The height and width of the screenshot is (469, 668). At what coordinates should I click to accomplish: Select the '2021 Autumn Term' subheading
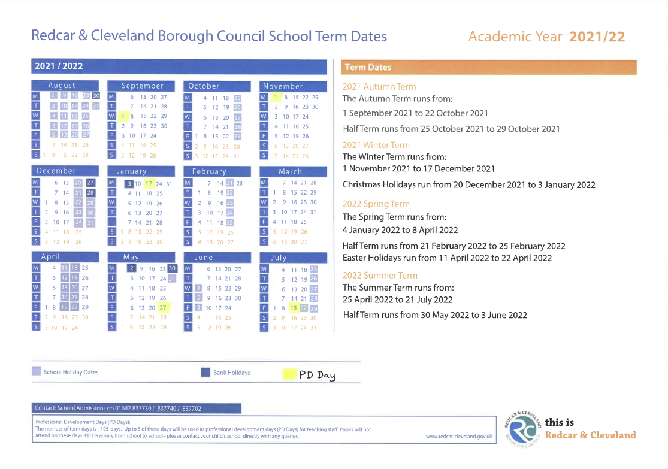(x=379, y=86)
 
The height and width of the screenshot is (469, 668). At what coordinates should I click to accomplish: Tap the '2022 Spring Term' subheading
(x=376, y=204)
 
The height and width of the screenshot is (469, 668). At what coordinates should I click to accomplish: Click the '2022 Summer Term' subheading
(x=380, y=275)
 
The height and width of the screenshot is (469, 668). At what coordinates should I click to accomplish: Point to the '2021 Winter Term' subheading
(x=376, y=145)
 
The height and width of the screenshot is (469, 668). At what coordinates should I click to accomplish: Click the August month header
(x=62, y=86)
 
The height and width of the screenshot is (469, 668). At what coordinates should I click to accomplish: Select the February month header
(x=209, y=171)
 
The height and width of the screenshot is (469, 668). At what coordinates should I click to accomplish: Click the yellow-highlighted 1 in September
(x=122, y=116)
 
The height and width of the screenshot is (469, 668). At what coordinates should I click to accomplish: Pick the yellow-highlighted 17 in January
(x=149, y=184)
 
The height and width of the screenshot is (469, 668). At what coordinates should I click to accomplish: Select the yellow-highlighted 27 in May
(x=164, y=308)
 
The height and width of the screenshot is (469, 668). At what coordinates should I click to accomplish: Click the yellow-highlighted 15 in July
(x=294, y=308)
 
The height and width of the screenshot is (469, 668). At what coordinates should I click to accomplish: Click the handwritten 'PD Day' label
(x=317, y=375)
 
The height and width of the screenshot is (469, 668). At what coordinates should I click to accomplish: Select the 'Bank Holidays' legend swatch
(x=205, y=373)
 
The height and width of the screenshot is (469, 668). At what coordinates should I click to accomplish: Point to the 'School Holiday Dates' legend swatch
(x=37, y=372)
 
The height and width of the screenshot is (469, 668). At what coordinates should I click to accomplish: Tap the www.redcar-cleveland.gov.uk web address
(x=458, y=437)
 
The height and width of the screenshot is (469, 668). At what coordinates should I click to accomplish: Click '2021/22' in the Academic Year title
(x=597, y=37)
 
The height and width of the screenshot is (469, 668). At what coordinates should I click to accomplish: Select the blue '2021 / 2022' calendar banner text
(x=59, y=66)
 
